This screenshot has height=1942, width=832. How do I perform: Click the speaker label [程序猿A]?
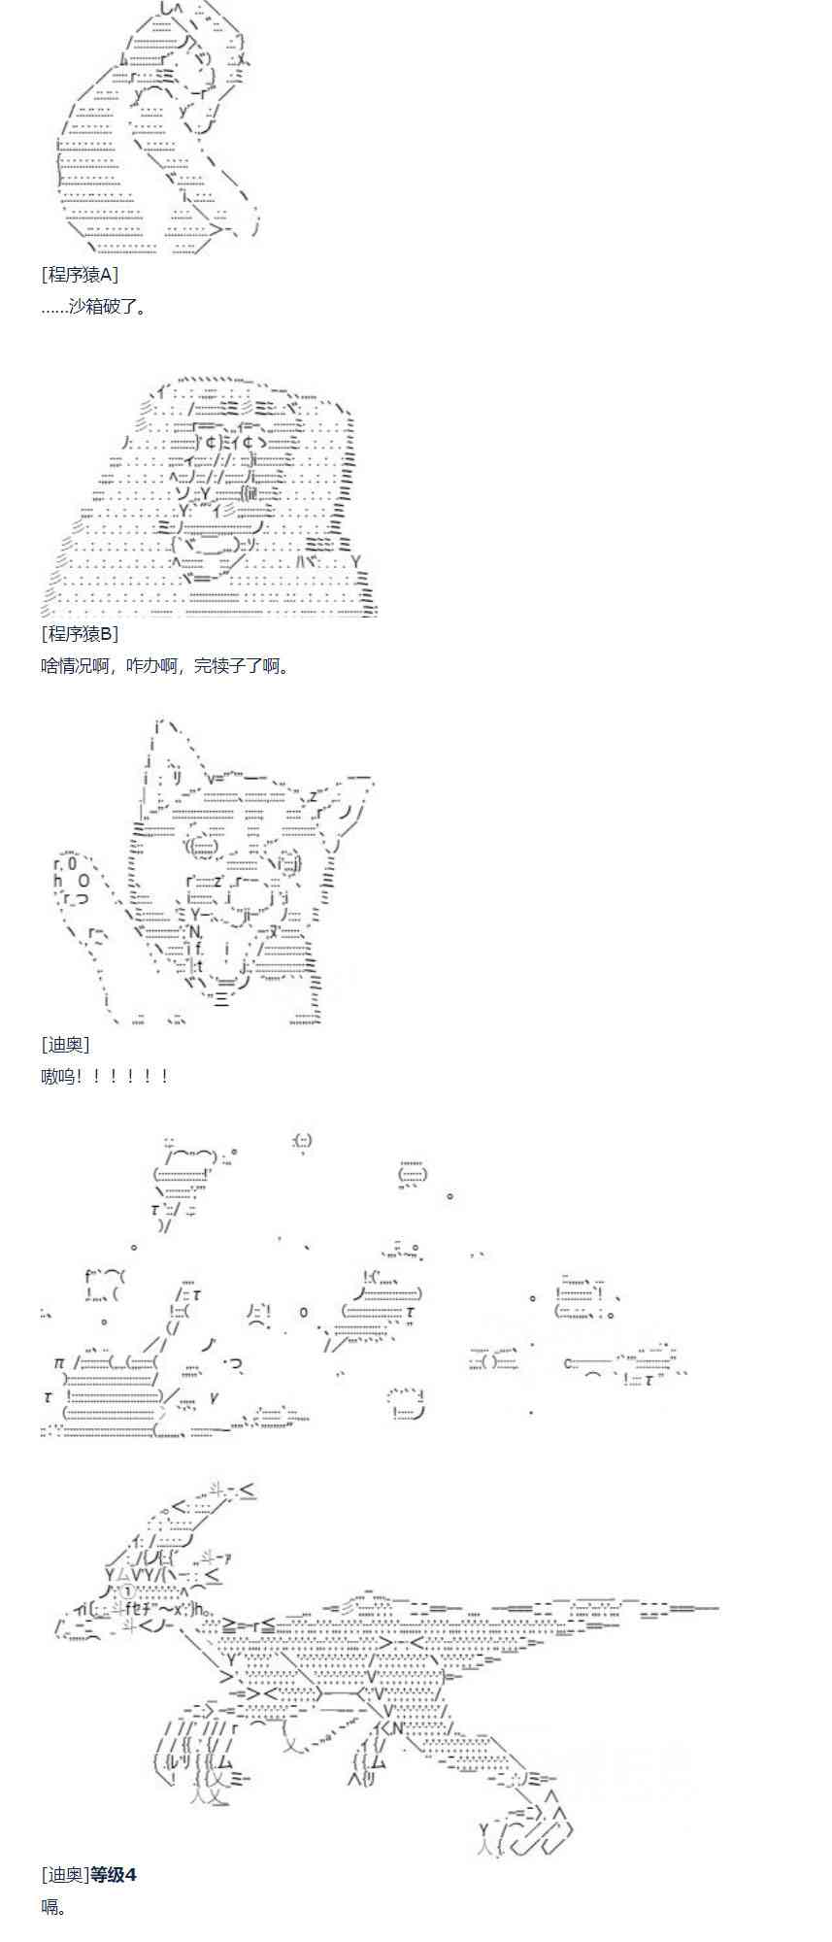coord(80,275)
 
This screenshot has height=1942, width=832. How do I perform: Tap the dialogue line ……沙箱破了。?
coord(93,307)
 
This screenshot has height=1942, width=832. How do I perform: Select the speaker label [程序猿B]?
coord(80,634)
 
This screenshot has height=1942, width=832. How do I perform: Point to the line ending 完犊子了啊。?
coord(165,666)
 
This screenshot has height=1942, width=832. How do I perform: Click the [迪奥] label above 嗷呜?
coord(65,1044)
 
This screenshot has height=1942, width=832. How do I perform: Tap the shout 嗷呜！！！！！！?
coord(106,1076)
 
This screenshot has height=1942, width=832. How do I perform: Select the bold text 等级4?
coord(113,1874)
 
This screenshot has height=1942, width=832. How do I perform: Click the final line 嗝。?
coord(54,1906)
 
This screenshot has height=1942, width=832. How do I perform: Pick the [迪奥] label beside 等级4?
coord(65,1874)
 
